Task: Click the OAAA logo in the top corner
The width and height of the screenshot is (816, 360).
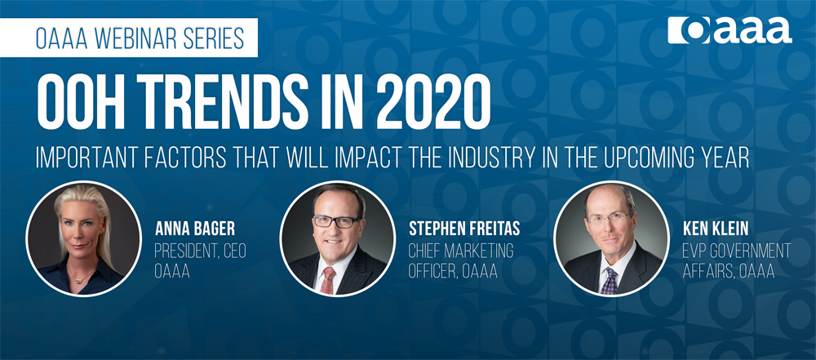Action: tap(730, 29)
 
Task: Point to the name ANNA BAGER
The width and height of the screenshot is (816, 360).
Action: tap(195, 229)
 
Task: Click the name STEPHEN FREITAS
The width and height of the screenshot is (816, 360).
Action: tap(464, 229)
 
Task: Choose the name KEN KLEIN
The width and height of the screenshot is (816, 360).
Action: tap(715, 229)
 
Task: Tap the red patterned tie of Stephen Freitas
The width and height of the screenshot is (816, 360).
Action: tap(328, 280)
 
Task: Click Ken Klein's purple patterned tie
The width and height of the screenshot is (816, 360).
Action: tap(609, 281)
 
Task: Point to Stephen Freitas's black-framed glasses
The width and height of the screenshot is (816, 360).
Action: tap(336, 221)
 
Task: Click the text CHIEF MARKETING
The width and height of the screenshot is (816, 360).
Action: tap(461, 251)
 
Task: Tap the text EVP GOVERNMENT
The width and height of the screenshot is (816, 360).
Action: tap(737, 251)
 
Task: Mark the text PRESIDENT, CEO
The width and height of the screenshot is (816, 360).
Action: tap(201, 251)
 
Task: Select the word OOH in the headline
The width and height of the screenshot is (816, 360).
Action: tap(75, 103)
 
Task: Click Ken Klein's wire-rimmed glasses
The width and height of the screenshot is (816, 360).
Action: tap(610, 218)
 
